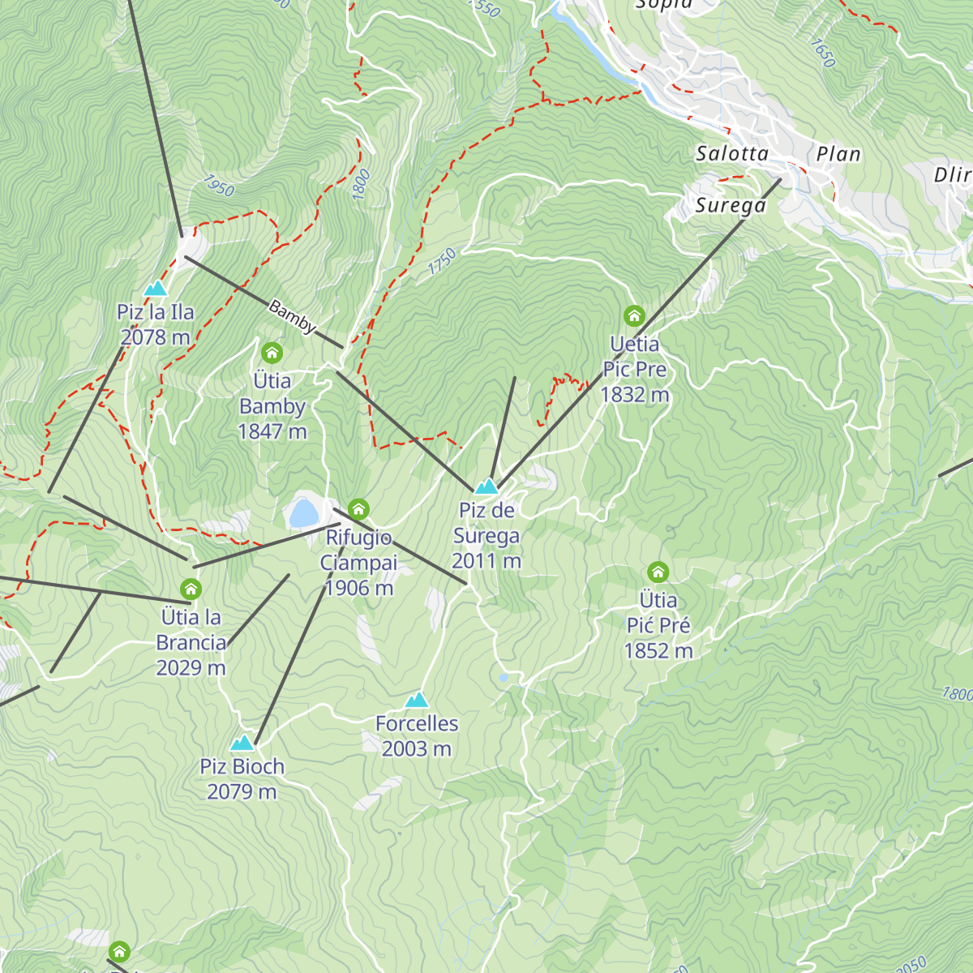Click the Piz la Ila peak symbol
[x=155, y=288]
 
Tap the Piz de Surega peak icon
[x=486, y=486]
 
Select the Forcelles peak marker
[x=417, y=699]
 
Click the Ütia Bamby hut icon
[x=272, y=353]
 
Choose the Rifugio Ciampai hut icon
[x=358, y=509]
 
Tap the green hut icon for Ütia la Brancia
[x=191, y=589]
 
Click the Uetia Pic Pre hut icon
[x=634, y=315]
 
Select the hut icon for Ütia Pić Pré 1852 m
[x=658, y=572]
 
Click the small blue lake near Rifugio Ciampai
[x=302, y=512]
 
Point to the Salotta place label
[x=732, y=153]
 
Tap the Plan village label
[x=838, y=153]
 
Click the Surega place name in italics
[x=731, y=205]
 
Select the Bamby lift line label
[x=291, y=317]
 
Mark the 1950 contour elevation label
[x=219, y=186]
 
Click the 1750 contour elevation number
[x=442, y=261]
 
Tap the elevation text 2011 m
[x=486, y=561]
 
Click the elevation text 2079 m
[x=242, y=791]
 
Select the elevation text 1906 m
[x=358, y=588]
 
